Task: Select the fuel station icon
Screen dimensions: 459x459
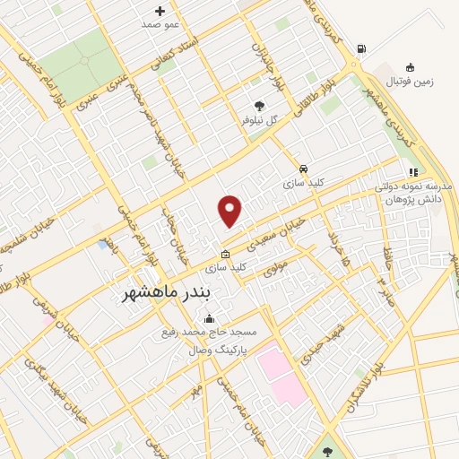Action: (360, 49)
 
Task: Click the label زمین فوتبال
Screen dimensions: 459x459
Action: (408, 81)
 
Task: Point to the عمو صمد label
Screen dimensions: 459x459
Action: (160, 24)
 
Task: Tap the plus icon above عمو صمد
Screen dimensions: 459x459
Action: (160, 11)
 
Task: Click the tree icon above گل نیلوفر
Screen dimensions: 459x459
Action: (260, 105)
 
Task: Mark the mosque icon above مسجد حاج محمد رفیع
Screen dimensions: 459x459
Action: (210, 318)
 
